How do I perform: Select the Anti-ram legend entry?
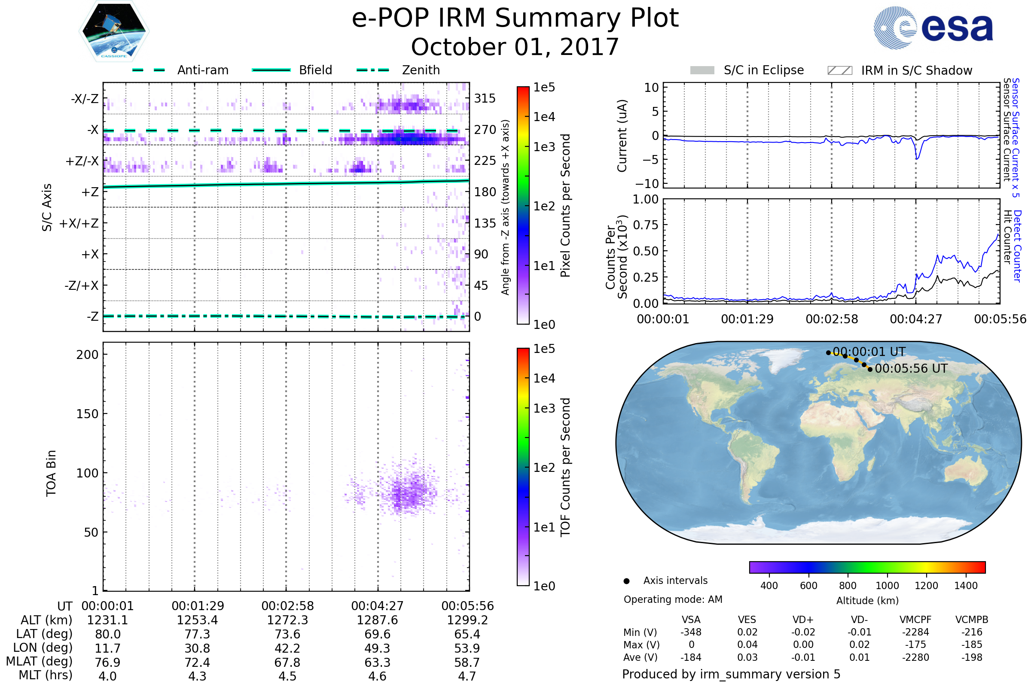(202, 70)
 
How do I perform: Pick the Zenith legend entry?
(421, 70)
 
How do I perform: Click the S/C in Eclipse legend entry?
(763, 70)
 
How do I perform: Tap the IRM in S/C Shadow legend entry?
(916, 70)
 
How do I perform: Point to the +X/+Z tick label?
(79, 223)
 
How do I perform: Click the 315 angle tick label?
(485, 98)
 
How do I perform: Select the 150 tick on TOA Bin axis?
(87, 414)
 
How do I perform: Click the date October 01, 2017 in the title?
(515, 47)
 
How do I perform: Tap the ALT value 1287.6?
(377, 620)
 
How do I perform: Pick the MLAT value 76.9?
(107, 662)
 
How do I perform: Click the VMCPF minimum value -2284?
(915, 632)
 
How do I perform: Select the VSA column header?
(691, 620)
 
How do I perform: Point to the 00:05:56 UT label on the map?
(911, 368)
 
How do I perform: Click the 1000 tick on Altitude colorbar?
(887, 586)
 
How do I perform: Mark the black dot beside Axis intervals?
(626, 581)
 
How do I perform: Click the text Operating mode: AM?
(673, 599)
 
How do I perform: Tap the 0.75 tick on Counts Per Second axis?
(646, 225)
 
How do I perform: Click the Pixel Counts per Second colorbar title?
(565, 206)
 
